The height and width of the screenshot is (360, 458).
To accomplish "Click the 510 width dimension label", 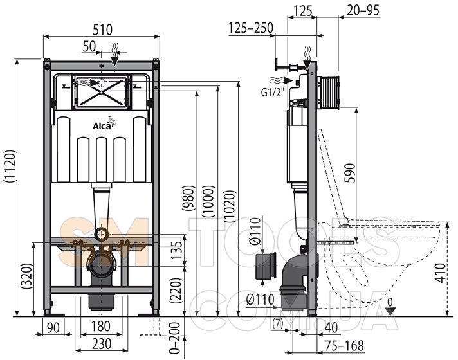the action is (102, 30).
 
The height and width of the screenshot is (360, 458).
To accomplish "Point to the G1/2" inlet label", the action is (273, 93).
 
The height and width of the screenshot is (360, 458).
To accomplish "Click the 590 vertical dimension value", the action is (350, 173).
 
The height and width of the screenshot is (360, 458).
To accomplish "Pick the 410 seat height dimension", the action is (441, 273).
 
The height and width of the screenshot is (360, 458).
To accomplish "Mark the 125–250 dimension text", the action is (251, 28).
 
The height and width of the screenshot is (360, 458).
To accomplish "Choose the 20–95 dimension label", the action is (363, 10).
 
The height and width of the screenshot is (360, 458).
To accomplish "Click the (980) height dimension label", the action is (188, 198).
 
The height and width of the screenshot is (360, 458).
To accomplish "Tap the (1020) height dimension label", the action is (229, 206).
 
